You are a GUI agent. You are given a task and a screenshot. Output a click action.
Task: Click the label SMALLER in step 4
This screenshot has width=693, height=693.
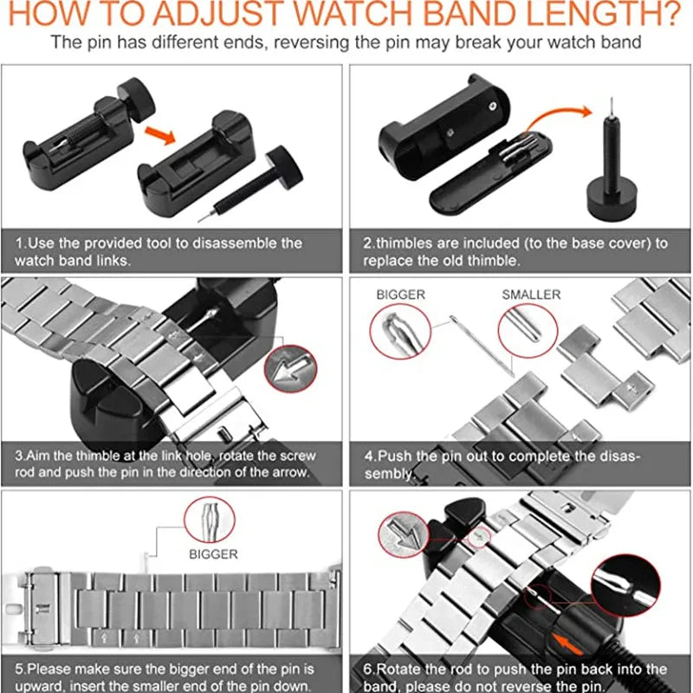coord(531,295)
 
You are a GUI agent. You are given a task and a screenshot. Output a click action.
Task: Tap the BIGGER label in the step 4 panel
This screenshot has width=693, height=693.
coord(400,295)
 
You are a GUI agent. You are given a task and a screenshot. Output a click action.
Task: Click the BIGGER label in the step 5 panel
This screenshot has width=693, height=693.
coord(213,554)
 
